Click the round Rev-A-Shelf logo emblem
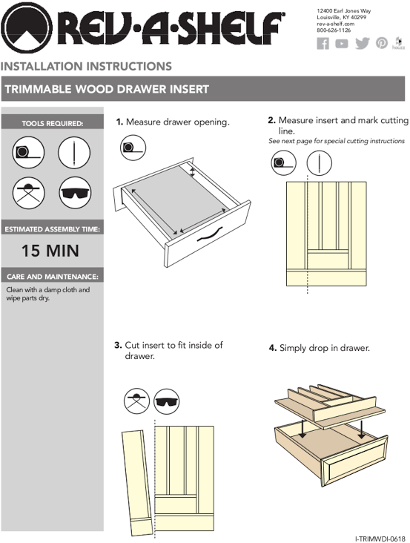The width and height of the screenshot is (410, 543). coord(27,27)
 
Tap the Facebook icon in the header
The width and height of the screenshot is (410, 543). coord(323,44)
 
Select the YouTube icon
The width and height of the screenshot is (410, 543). coord(342,44)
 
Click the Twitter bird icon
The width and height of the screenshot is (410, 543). coord(363,44)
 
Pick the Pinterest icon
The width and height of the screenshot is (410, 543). coord(382,43)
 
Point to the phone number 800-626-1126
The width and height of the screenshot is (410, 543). coord(334,30)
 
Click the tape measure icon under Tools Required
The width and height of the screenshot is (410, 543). coord(28,152)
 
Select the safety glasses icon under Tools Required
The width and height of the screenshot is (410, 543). coord(75,193)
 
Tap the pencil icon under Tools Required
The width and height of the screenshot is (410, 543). coord(74,152)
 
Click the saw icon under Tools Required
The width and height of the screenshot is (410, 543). coord(28,193)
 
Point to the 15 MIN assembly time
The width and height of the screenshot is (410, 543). coord(50,251)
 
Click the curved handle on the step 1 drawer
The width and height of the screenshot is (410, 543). coord(210,234)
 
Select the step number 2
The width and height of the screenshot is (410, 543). coord(271,120)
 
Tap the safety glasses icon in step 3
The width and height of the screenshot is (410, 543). coord(166,401)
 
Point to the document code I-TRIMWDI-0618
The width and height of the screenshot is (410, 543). coord(380,539)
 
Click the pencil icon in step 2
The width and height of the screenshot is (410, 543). coord(320,162)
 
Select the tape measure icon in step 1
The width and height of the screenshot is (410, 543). coord(133,148)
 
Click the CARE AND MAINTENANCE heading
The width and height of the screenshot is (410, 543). coord(53,277)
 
